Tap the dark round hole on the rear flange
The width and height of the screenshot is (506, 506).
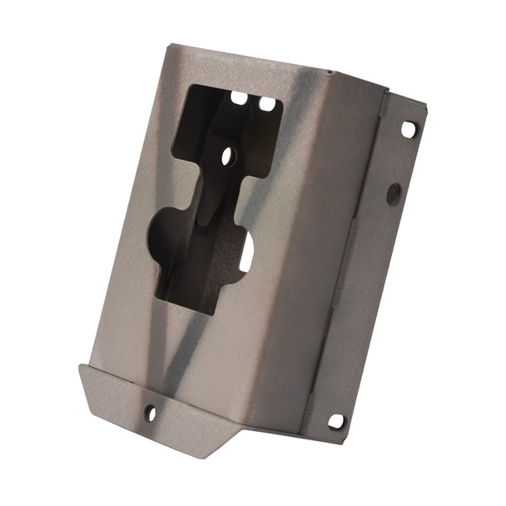[x=394, y=194]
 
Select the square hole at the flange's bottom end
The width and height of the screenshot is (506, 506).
[x=336, y=421]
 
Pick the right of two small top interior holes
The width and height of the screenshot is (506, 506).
[x=266, y=104]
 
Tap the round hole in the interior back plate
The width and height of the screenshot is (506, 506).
[x=226, y=155]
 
